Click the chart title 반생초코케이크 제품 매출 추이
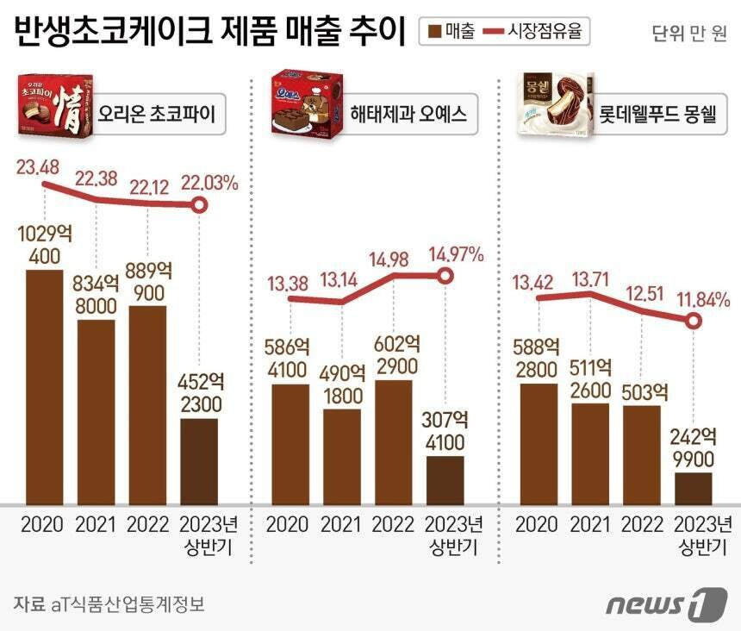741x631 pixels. point(209,32)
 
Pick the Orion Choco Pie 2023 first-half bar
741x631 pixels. point(199,461)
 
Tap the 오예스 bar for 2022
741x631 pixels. point(394,441)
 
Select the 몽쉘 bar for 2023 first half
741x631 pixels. point(694,488)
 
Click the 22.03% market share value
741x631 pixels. point(209,182)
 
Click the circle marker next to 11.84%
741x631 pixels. point(694,321)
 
